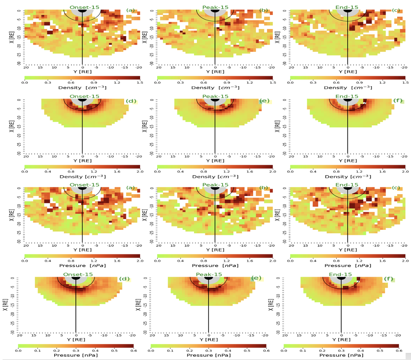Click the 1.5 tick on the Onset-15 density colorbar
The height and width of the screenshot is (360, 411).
tap(140, 82)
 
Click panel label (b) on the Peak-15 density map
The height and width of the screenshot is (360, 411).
tap(263, 10)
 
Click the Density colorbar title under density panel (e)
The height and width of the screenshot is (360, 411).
tap(215, 176)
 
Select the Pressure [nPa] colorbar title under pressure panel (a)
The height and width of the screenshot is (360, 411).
tap(82, 266)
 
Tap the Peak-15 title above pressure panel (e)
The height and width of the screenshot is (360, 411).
tap(209, 274)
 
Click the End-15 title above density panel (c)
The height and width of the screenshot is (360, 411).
tap(347, 7)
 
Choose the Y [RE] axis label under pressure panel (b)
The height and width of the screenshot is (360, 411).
tap(215, 251)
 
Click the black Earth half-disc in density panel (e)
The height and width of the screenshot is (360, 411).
tap(215, 100)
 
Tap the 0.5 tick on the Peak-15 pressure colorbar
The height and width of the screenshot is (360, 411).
tap(247, 350)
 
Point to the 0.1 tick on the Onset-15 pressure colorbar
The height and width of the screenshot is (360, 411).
tap(37, 350)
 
